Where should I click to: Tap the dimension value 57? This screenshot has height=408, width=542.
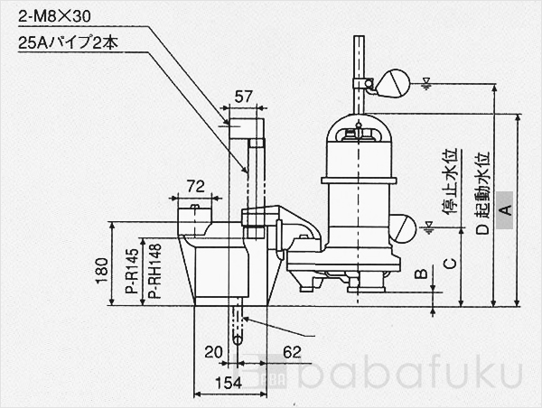[x=243, y=96]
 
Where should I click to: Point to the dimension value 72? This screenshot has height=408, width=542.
[x=194, y=186]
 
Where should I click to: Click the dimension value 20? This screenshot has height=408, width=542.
[x=213, y=352]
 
